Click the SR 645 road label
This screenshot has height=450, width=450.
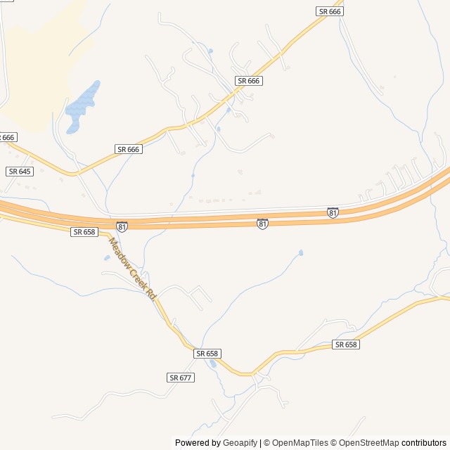pos(20,172)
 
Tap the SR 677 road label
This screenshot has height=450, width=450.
pos(181,378)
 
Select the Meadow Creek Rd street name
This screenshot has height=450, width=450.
pos(132,270)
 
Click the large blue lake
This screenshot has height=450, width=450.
pos(82,106)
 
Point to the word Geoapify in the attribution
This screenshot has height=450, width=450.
pos(240,443)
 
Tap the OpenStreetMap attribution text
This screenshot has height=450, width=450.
pos(368,443)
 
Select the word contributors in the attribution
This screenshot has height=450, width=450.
pos(424,443)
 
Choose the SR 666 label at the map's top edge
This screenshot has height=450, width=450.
pos(329,11)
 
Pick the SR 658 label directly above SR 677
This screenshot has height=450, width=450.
pos(208,353)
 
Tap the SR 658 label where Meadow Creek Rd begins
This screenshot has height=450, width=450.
pos(84,231)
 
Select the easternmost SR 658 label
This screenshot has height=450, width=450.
pos(346,345)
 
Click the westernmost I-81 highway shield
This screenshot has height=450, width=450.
pos(122,226)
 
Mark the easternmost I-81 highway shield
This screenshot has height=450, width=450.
pos(333,212)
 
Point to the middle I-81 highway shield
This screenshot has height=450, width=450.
pos(262,224)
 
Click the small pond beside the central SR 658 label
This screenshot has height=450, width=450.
pos(212,364)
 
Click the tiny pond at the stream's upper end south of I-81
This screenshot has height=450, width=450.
pos(301,252)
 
